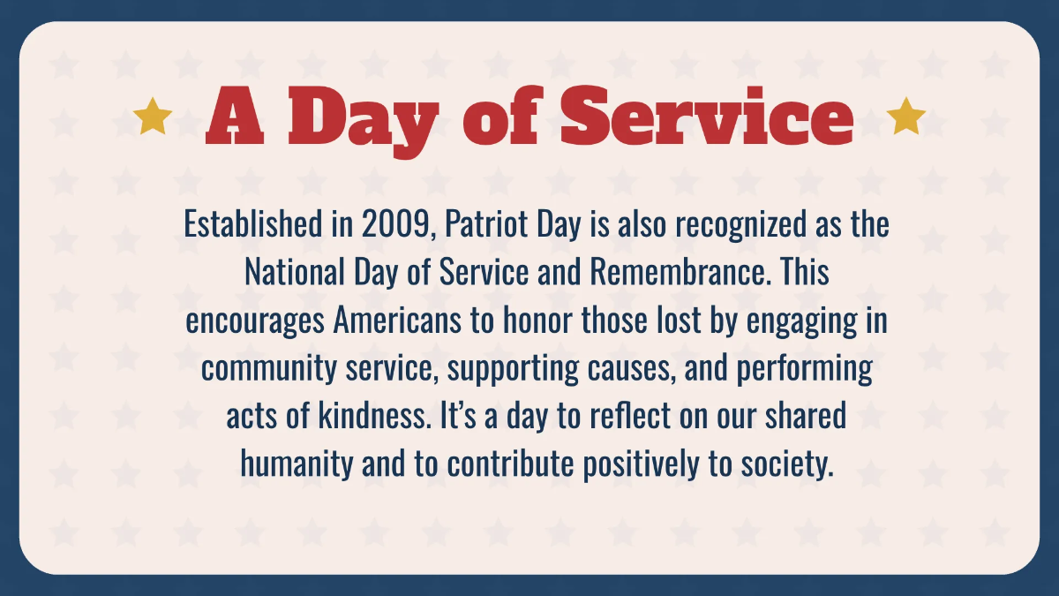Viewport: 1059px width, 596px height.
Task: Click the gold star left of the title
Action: click(x=154, y=117)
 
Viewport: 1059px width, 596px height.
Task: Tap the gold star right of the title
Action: click(x=905, y=117)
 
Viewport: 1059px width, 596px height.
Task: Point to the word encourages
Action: click(x=256, y=321)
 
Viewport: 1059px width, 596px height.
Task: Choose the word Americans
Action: click(x=399, y=321)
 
